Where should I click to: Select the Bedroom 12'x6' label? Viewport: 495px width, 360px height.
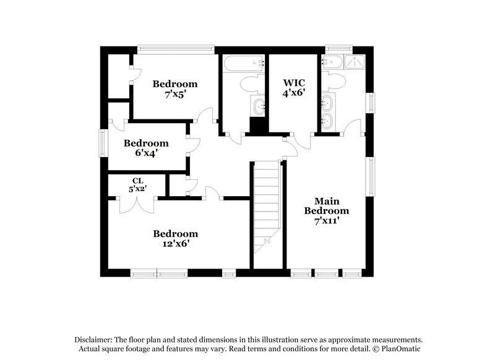176,238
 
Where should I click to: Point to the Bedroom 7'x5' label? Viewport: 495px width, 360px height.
176,89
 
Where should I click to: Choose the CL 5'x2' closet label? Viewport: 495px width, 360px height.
137,185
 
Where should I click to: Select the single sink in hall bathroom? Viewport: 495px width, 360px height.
257,106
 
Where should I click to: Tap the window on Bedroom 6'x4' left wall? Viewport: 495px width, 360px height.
103,144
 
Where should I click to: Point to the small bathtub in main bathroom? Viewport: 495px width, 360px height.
333,62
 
